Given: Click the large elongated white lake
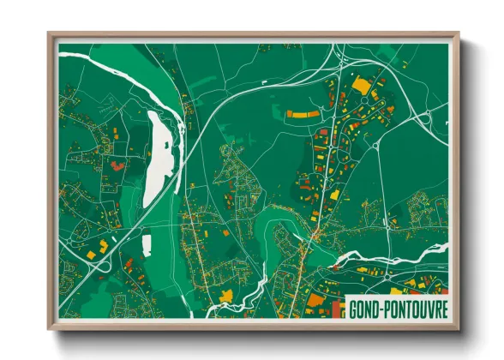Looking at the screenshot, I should click(x=160, y=159).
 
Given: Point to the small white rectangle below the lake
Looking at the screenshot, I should click(x=146, y=245).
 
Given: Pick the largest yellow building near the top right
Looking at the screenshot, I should click(x=362, y=85).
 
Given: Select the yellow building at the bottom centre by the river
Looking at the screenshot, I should click(x=226, y=296).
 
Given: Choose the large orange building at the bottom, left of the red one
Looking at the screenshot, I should click(x=316, y=301).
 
